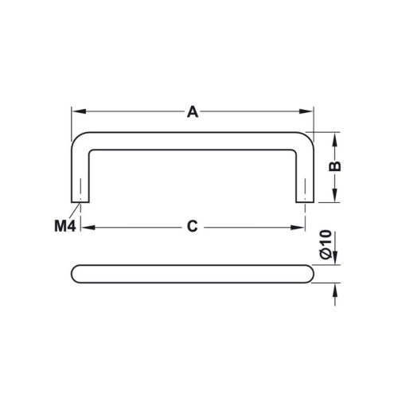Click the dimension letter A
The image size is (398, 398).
click(193, 112)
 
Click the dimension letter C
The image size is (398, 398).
click(192, 227)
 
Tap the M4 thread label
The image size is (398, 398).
click(64, 227)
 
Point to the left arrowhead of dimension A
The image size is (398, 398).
click(76, 112)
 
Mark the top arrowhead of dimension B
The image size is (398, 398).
click(335, 137)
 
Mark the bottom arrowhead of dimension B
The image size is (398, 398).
click(335, 198)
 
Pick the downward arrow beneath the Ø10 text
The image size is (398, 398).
click(335, 257)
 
